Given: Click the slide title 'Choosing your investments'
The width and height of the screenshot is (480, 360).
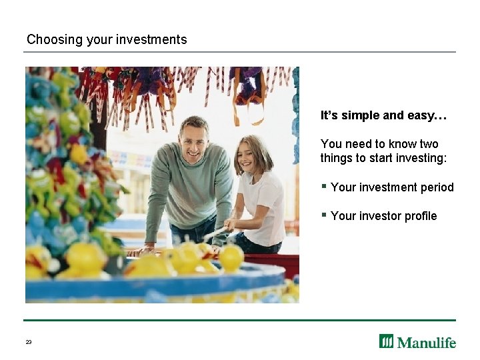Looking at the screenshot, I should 107,39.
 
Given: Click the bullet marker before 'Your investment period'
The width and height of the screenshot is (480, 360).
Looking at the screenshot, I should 323,186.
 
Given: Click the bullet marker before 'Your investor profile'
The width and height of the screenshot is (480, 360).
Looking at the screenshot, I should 323,215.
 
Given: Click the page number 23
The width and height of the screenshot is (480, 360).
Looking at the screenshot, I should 29,342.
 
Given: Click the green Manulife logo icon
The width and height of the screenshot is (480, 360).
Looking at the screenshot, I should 387,341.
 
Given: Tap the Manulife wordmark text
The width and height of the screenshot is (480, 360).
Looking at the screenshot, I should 427,343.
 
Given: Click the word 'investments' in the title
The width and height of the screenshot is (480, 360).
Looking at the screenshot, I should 151,39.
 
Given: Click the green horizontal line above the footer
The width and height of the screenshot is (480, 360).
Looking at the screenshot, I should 240,321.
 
